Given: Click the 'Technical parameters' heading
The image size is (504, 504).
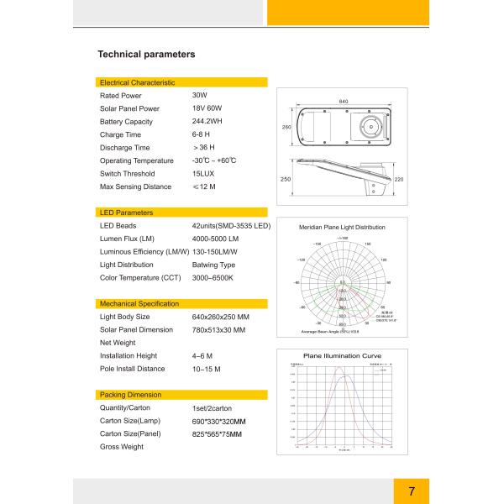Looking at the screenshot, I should coord(147,55).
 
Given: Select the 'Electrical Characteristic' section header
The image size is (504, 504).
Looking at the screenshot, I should coord(137,82).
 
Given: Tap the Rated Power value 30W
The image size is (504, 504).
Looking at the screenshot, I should coord(200,96).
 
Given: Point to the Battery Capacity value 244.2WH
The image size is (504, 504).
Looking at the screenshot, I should coord(207,122).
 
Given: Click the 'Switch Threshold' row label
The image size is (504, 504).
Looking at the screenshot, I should coord(128,173).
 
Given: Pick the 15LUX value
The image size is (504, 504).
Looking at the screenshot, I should coord(202,173).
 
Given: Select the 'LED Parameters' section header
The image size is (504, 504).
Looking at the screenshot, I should coord(126,213).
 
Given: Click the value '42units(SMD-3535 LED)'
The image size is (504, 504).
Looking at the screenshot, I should coord(231,226).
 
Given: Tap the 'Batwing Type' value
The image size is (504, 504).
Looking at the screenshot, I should coord(213,265).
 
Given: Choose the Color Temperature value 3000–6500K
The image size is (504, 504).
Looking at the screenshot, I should coord(213,277).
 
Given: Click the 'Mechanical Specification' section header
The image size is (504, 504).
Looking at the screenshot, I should coord(139,303).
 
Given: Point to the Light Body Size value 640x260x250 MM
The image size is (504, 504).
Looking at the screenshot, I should coord(221,317).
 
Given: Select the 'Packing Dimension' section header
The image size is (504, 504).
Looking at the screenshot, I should coord(130,394).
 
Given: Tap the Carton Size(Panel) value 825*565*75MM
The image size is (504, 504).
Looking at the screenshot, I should coord(217,433).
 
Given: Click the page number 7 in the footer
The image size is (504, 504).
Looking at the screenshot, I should coord(412,491).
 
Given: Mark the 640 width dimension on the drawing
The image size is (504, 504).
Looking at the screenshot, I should coord(344,101).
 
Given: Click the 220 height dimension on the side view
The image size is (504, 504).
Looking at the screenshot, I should coord(398,180).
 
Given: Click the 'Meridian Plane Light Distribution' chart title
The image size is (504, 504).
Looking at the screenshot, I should coord(342,228).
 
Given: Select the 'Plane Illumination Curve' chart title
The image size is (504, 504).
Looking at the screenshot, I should coord(342,356).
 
